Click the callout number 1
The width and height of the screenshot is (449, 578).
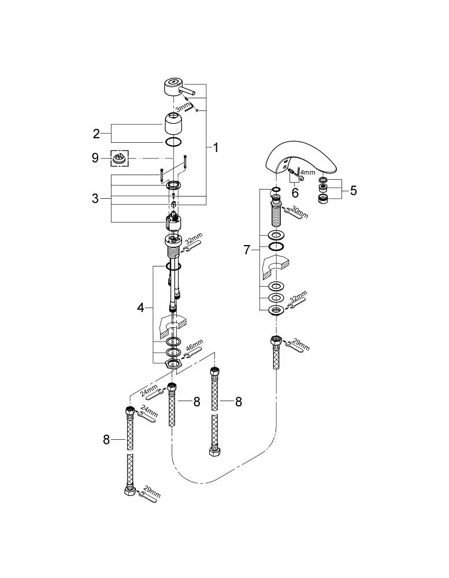point(216,148)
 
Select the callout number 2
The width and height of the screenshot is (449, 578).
point(96,134)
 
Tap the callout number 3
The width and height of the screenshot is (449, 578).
point(95,199)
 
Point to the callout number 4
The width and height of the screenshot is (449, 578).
point(141,307)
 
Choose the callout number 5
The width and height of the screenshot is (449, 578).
point(354,191)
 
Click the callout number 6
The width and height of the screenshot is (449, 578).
point(295,192)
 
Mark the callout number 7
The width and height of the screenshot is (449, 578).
point(247,250)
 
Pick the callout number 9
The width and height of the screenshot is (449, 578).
point(95,158)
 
